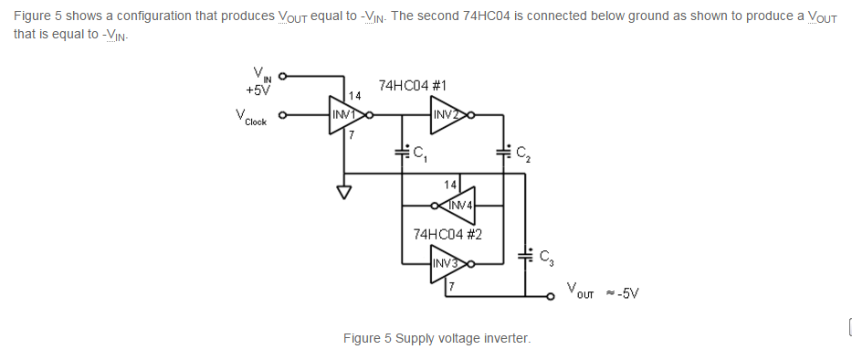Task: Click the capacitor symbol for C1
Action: [x=402, y=151]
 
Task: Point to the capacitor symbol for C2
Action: [x=504, y=151]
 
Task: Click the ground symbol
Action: [x=344, y=192]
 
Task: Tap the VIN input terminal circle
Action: [x=282, y=76]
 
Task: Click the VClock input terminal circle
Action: [x=282, y=115]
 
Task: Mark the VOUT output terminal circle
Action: [x=551, y=296]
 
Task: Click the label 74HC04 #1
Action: [x=413, y=85]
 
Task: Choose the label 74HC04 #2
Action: [x=447, y=235]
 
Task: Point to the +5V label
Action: [x=258, y=90]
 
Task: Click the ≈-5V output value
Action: [x=623, y=293]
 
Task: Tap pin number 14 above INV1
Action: [x=355, y=96]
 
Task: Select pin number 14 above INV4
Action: [x=450, y=185]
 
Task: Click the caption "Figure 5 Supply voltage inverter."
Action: [x=437, y=338]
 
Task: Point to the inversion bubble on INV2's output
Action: [x=470, y=115]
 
